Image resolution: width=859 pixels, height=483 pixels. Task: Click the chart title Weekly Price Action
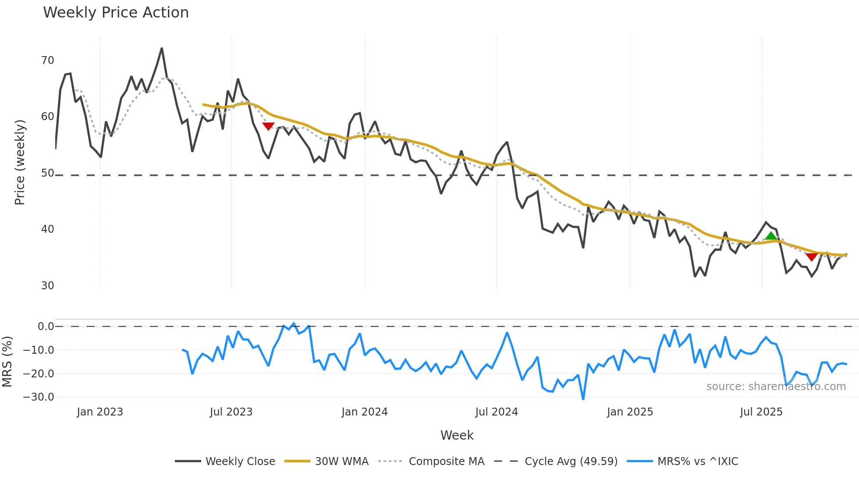coord(116,13)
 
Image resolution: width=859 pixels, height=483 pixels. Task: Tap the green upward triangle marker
coord(771,236)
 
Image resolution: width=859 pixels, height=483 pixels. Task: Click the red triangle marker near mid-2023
coord(268,126)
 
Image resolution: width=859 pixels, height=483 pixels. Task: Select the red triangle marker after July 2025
coord(812,257)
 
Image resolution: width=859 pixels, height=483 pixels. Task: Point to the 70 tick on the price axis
coord(47,60)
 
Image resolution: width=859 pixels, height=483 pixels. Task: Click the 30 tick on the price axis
coord(47,286)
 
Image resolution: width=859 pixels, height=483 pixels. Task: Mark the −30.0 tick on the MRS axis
coord(39,397)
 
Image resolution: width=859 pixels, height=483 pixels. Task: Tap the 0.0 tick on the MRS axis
coord(46,327)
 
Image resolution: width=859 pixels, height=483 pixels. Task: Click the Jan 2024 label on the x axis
coord(365,412)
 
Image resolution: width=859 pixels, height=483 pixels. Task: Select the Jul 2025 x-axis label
coord(761,412)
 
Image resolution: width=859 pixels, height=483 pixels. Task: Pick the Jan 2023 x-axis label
coord(100,412)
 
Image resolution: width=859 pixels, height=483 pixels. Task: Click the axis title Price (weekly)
coord(20,162)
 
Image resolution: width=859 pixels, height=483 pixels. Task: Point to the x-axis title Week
coord(457,435)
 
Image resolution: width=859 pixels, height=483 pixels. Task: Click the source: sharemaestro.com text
coord(776,387)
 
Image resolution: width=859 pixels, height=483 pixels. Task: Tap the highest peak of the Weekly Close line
coord(162,49)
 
